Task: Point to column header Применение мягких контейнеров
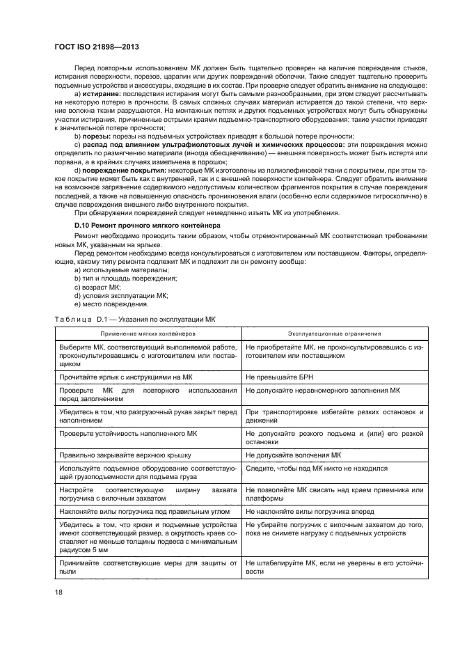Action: pyautogui.click(x=148, y=334)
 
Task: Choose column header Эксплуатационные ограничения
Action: pyautogui.click(x=334, y=334)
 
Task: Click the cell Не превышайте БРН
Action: pyautogui.click(x=278, y=376)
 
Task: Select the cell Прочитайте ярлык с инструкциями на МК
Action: pyautogui.click(x=125, y=376)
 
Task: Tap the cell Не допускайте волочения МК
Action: pyautogui.click(x=293, y=455)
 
